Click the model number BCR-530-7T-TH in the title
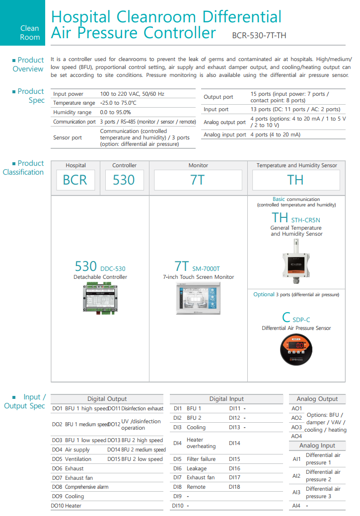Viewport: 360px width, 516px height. point(259,36)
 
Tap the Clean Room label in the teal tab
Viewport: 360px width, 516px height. point(30,33)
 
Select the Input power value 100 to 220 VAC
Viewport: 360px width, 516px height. point(132,94)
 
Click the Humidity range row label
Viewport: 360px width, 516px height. point(72,112)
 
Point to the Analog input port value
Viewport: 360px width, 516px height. point(275,134)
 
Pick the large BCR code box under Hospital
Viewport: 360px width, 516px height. point(75,180)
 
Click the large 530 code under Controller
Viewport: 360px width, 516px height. point(124,180)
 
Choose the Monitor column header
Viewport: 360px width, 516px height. point(198,166)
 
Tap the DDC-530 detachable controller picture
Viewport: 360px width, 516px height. point(100,297)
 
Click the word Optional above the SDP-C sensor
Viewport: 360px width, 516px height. point(264,294)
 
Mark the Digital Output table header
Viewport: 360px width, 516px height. point(107,399)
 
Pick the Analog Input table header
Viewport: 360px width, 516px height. point(317,446)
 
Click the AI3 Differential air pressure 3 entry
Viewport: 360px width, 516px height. point(318,492)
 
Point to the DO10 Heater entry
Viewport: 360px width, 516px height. point(67,506)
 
